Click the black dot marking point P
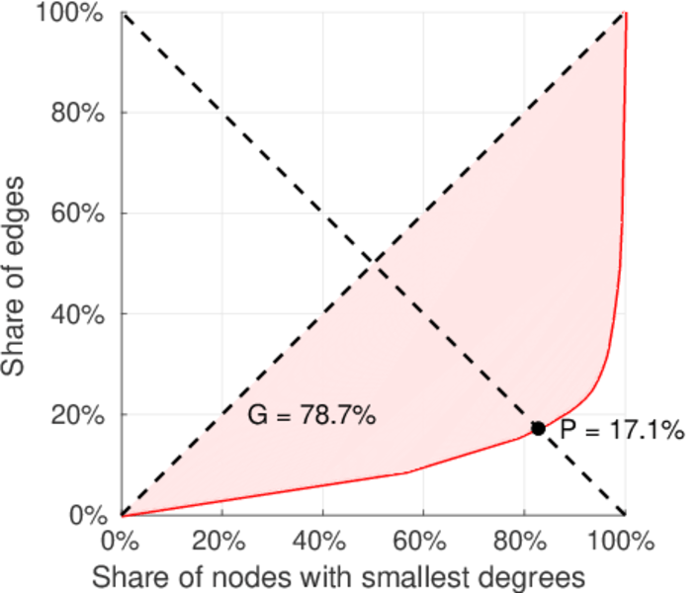tap(538, 429)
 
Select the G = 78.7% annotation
tap(310, 416)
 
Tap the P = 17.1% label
tap(622, 430)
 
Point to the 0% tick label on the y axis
tap(88, 516)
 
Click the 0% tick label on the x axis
tap(122, 541)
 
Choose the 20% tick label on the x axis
tap(221, 541)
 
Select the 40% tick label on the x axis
tap(322, 541)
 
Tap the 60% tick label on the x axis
tap(423, 541)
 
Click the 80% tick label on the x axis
tap(524, 541)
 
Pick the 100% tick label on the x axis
tap(625, 541)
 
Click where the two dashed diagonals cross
tap(374, 264)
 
